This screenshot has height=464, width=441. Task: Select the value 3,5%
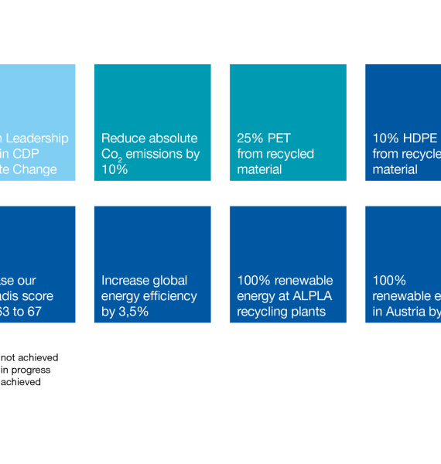[132, 312]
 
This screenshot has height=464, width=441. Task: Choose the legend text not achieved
[29, 357]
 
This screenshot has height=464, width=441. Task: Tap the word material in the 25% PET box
[259, 169]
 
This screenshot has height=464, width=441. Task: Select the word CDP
[30, 154]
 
